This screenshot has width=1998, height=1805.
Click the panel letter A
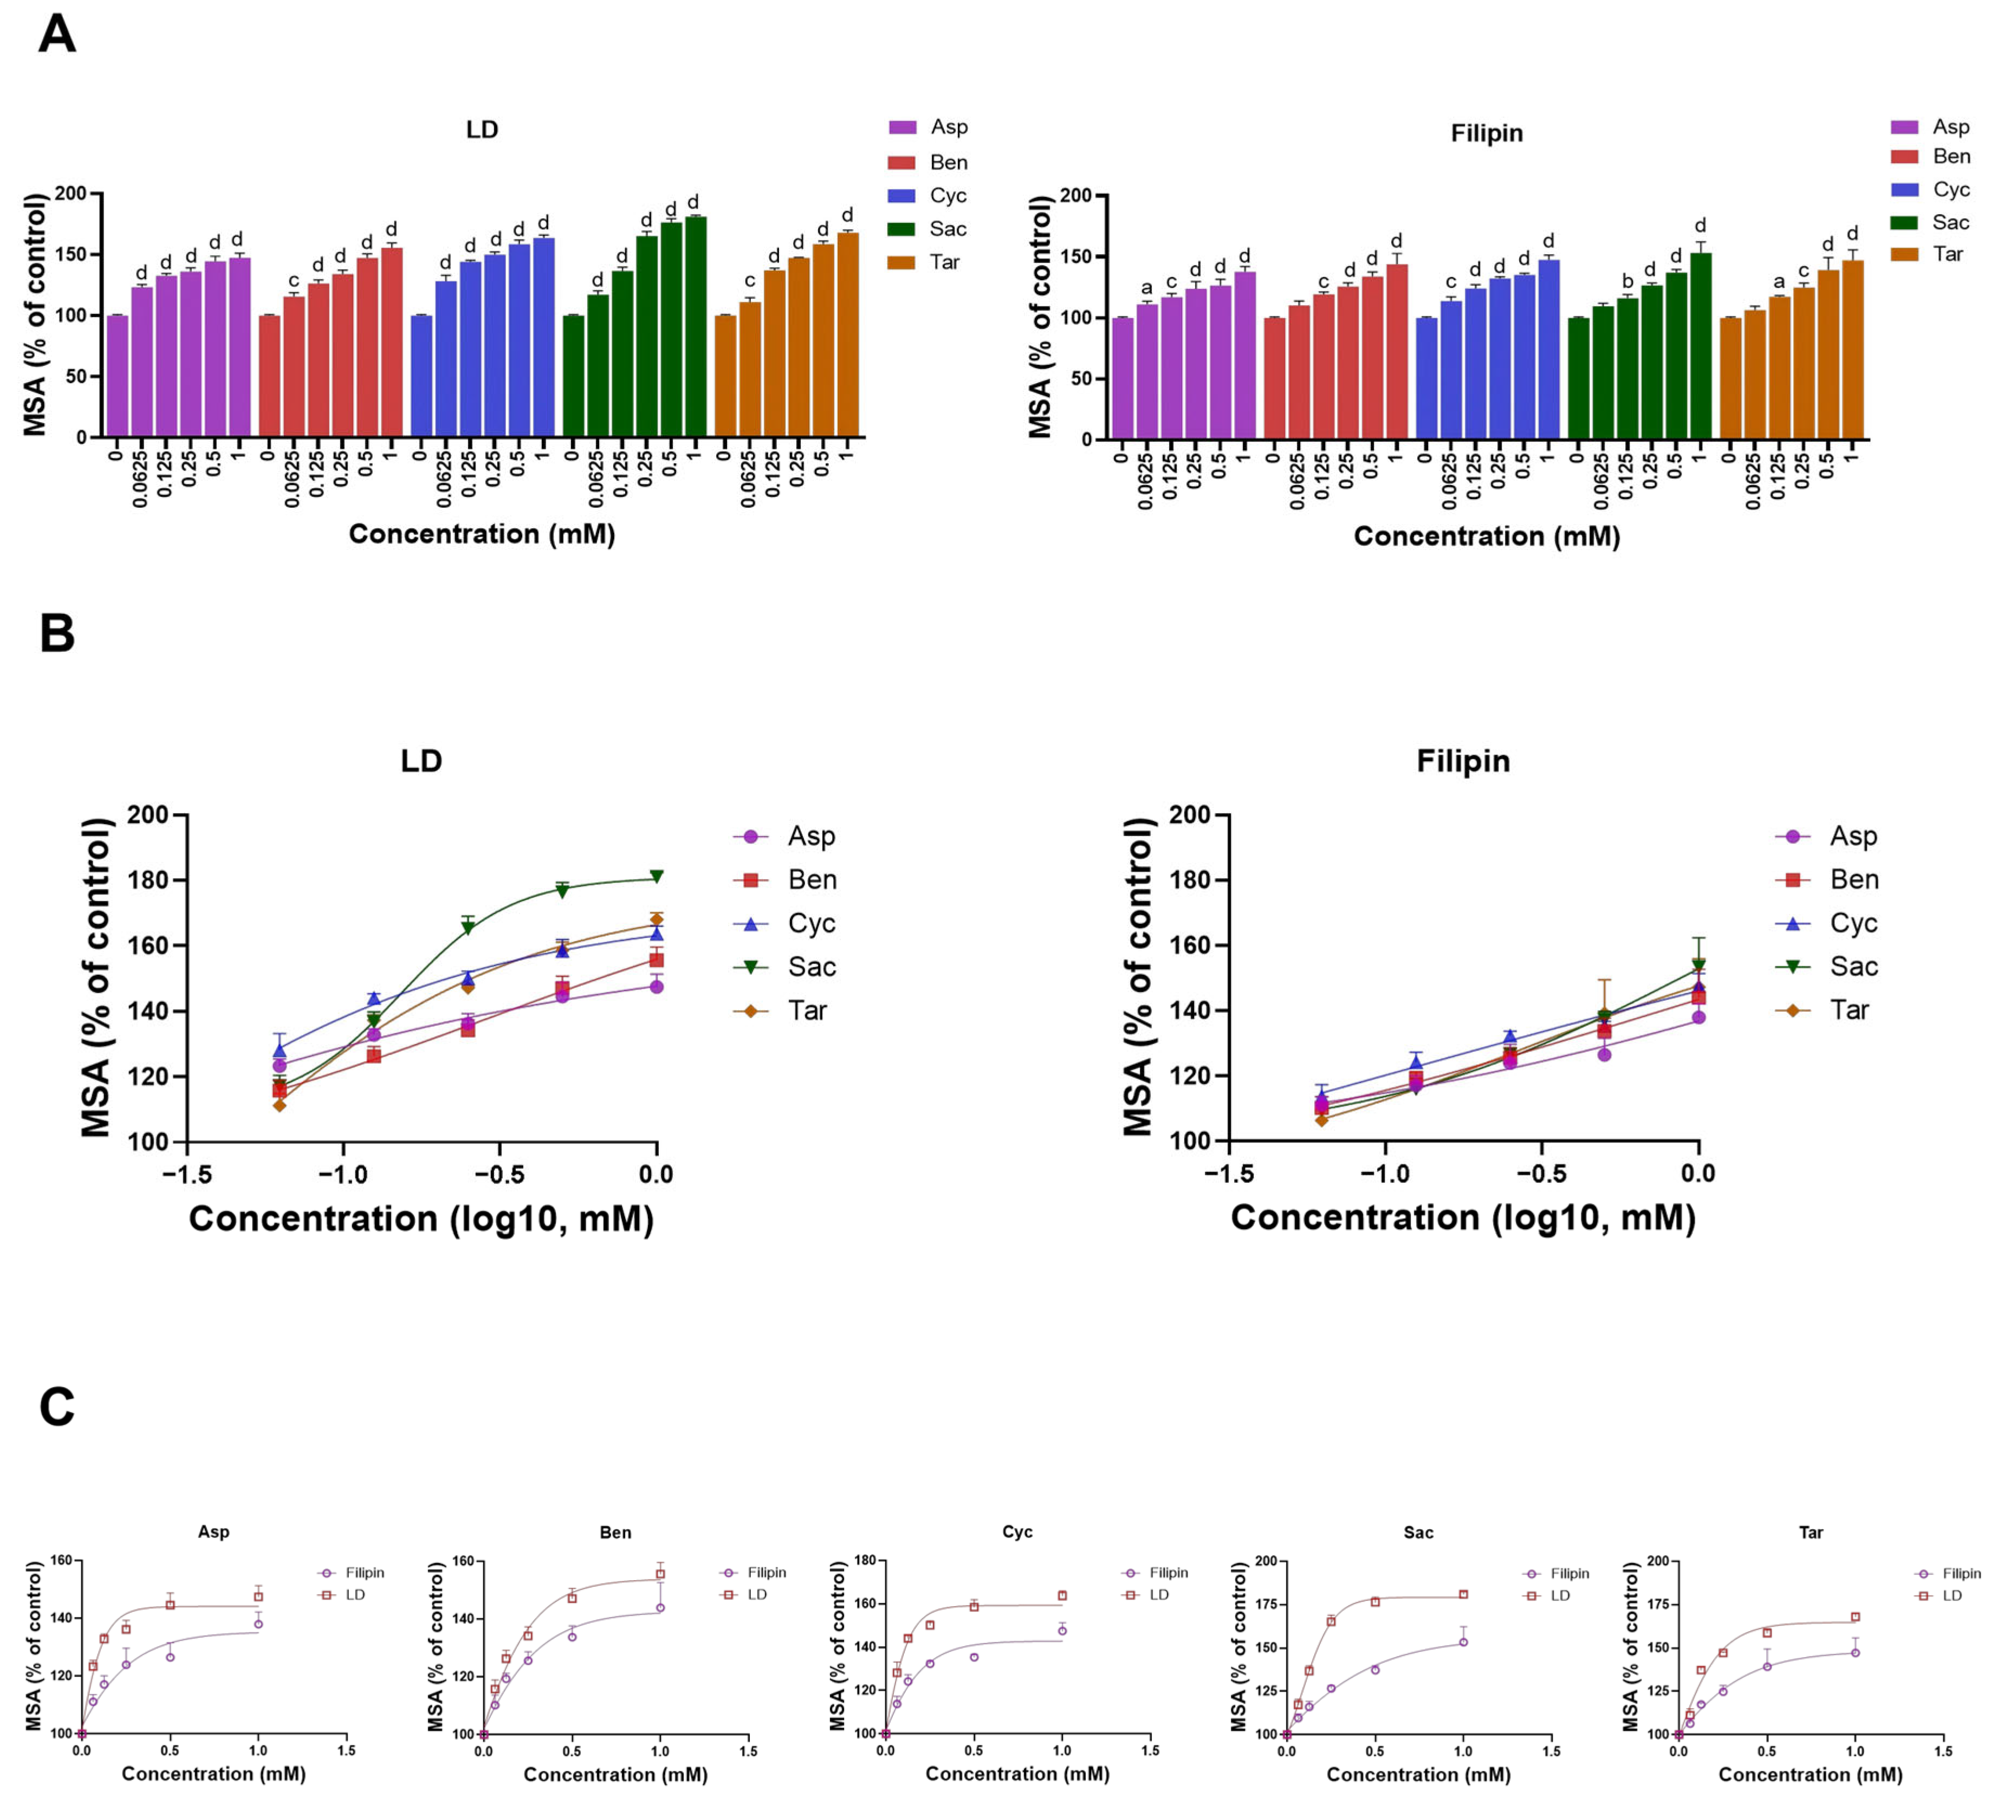(56, 35)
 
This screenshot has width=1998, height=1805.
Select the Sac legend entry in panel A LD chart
(926, 229)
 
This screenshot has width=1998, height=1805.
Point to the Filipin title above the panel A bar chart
(1487, 133)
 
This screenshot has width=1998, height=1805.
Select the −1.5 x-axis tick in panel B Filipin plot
(1229, 1175)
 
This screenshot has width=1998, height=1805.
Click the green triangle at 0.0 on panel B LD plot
(656, 877)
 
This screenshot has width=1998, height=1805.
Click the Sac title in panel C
(1418, 1532)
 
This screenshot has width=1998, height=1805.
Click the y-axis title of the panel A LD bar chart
(35, 315)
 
